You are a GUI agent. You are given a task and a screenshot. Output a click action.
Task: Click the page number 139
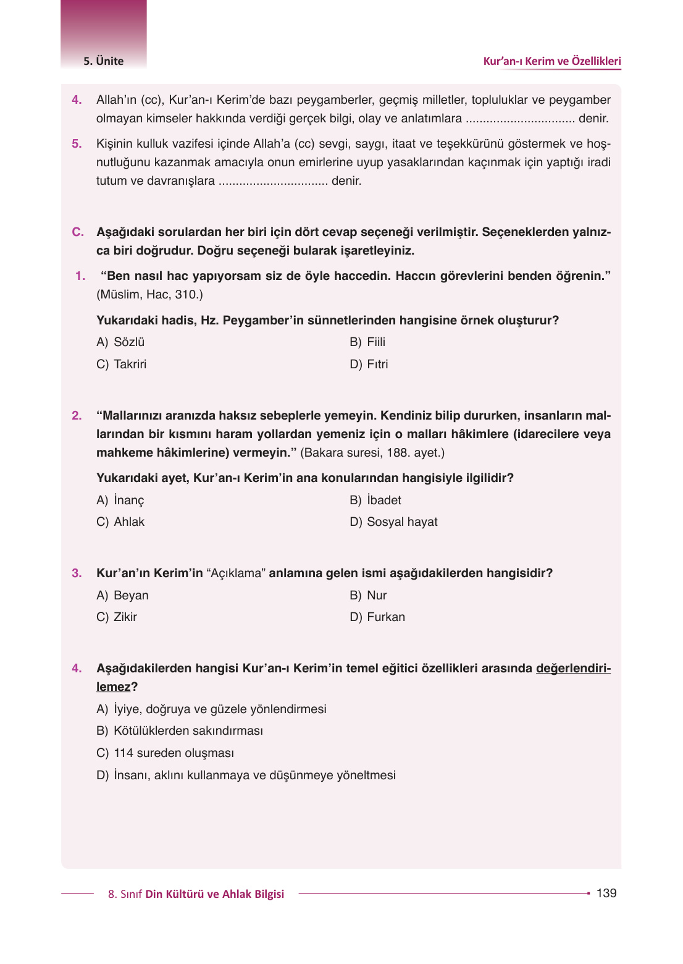coord(606,893)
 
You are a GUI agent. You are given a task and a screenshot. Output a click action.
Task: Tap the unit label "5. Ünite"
coord(104,61)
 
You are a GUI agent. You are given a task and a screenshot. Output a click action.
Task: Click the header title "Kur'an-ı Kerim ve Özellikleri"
coord(551,61)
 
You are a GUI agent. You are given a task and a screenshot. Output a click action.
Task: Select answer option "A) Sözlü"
coord(120,342)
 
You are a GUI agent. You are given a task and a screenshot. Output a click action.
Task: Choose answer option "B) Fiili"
coord(367,342)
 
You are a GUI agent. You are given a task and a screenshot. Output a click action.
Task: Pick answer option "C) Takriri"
coord(122,365)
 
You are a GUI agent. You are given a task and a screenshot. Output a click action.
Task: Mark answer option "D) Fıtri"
coord(369,365)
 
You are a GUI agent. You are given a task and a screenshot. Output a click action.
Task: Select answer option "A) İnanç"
coord(120,501)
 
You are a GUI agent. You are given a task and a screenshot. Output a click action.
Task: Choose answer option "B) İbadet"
coord(375,501)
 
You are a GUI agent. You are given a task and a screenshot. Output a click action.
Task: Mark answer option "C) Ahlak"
coord(120,522)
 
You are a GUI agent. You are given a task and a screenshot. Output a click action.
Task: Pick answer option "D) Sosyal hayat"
coord(393,522)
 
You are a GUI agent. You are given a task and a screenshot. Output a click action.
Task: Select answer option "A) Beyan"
coord(122,596)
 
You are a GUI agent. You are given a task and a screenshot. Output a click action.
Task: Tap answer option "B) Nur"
coord(368,596)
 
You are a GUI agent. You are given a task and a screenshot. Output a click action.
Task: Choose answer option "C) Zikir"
coord(117,617)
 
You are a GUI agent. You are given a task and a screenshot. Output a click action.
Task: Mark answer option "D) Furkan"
coord(377,617)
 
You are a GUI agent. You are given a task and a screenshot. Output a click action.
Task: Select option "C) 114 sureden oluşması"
coord(165,753)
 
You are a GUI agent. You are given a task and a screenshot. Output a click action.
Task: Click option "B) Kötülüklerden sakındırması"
coord(180,731)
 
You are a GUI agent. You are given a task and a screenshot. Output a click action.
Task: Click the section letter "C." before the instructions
coord(78,232)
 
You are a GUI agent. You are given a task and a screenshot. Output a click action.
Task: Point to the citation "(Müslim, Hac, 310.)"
coord(149,295)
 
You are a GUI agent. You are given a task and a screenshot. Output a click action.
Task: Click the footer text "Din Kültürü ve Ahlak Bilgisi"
coord(214,894)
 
